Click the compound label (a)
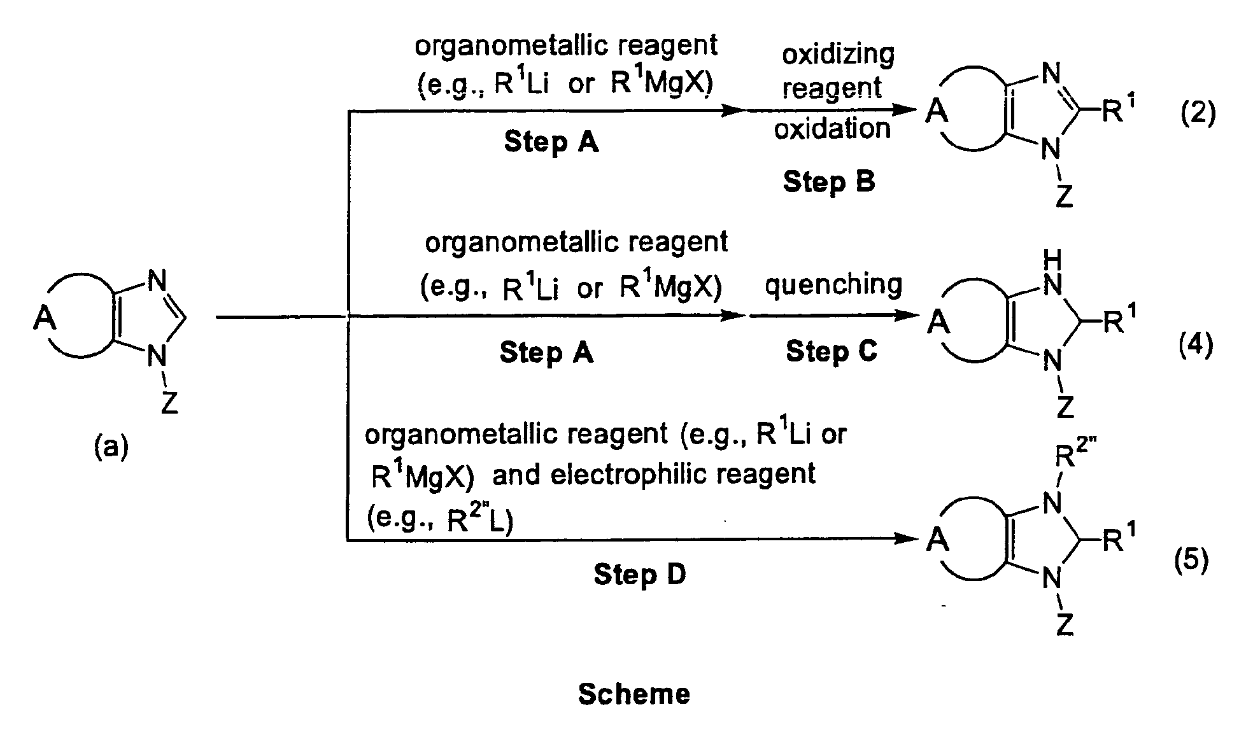pos(111,447)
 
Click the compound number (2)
pos(1198,114)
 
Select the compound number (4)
pos(1196,346)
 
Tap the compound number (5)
pos(1191,561)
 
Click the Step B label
pos(828,182)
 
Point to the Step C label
pos(831,351)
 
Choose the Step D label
pos(639,575)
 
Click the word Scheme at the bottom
pos(634,694)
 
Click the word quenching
pos(833,284)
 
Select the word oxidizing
pos(838,55)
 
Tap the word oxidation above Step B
pos(832,129)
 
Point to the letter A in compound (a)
pos(45,317)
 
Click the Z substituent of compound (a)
pos(169,402)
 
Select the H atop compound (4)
pos(1053,259)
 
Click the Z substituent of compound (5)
pos(1065,625)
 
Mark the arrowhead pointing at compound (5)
pos(907,539)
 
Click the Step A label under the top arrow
pos(551,141)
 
